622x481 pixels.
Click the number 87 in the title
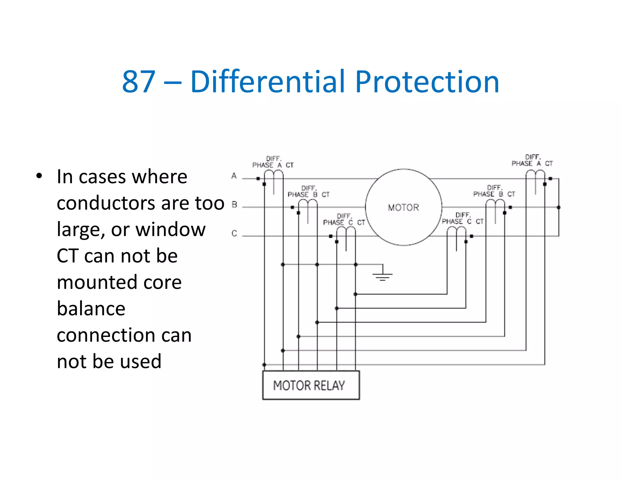138,81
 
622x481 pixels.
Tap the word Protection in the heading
427,81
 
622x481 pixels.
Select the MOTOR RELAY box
311,385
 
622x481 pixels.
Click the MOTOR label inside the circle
403,208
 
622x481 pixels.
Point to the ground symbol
382,275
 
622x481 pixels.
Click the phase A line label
234,176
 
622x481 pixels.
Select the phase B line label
234,205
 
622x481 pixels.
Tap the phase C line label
234,233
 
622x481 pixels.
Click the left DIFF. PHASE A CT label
273,162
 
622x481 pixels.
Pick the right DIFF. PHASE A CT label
532,161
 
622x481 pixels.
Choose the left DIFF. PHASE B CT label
309,192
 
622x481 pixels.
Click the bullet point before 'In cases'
39,176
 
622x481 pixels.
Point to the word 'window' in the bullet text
170,230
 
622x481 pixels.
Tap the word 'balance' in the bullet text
91,309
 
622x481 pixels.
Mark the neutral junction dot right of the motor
559,207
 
